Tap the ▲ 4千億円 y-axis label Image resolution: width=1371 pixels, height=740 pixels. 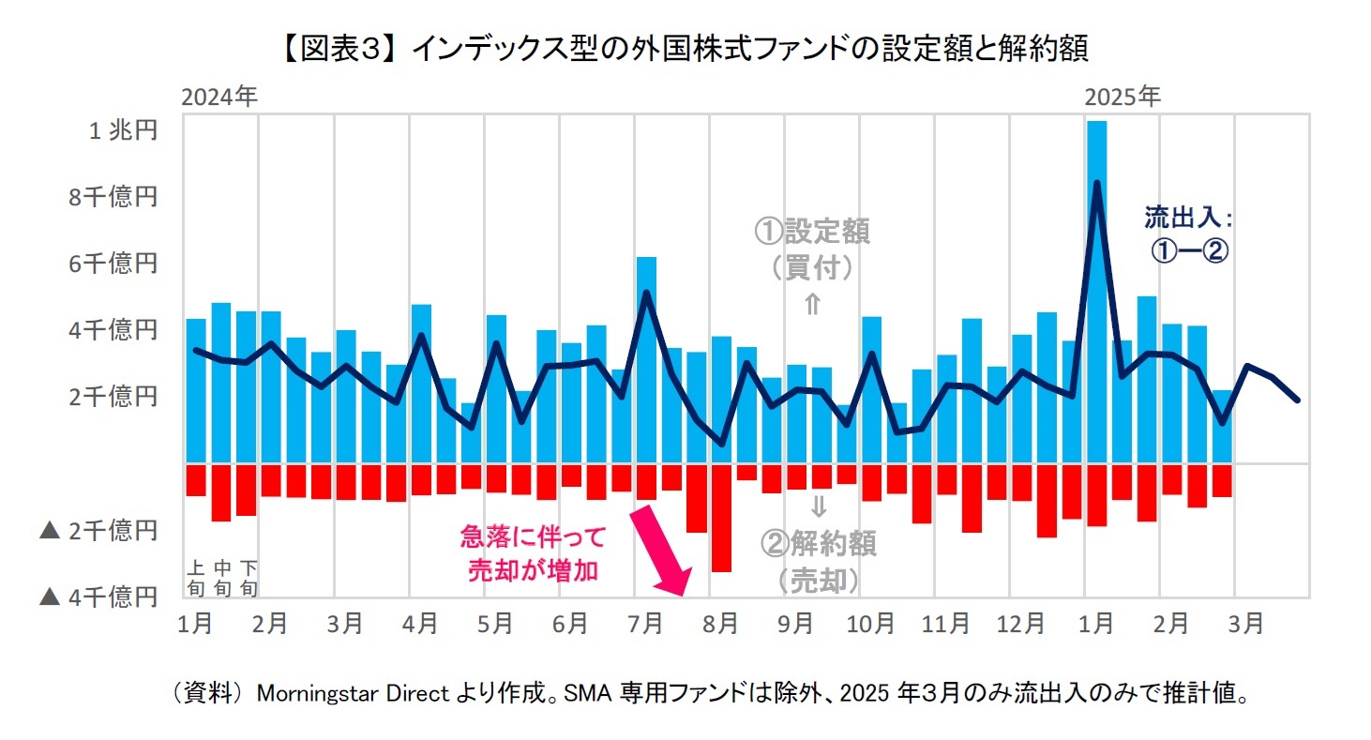point(98,597)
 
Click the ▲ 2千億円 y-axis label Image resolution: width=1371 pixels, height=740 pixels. point(98,531)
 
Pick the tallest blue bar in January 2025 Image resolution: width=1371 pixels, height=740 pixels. point(1095,291)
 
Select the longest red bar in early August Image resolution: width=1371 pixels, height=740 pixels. point(721,517)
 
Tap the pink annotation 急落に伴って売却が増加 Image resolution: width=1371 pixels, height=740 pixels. point(533,553)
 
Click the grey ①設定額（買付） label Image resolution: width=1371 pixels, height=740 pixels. point(812,249)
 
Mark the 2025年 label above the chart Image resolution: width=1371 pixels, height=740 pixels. point(1122,97)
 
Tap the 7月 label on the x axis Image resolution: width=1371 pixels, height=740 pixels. point(645,624)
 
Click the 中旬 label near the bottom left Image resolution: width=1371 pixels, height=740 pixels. point(222,578)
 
